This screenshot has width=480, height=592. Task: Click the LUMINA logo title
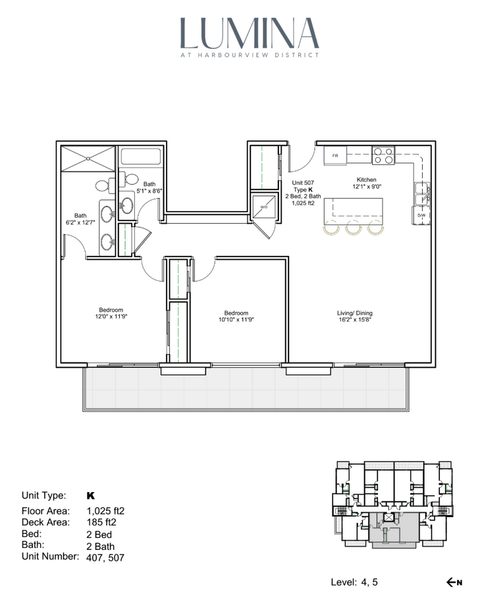coord(250,34)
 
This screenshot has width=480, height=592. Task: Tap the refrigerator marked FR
coord(335,155)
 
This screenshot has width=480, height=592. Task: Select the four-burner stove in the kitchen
coord(383,155)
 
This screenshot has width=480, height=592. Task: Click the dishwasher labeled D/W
coord(421,215)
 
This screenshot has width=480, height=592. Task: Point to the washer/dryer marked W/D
coord(264,207)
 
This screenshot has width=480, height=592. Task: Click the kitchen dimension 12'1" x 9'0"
coord(366,187)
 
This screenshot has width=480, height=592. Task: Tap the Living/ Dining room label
coord(354,313)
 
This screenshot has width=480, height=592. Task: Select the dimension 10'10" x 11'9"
coord(236,320)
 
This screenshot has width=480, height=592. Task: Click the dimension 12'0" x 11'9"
coord(111,317)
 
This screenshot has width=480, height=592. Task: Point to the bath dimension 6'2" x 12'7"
coord(80,222)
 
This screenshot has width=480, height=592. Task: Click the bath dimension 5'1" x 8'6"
coord(149,191)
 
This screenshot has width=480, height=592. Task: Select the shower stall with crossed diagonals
coord(88,159)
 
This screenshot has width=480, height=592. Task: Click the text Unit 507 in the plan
coord(303,183)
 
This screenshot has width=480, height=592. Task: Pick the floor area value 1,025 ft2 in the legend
coord(105,511)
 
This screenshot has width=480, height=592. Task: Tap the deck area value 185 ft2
coord(101,522)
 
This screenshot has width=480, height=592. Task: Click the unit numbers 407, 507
coord(105,557)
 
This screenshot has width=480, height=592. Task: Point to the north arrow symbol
coord(454,582)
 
